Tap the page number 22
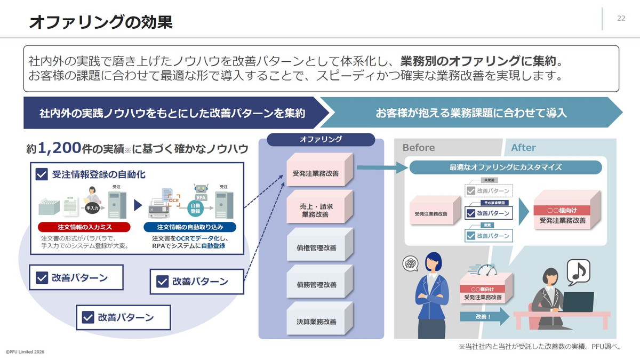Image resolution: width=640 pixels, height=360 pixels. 621,18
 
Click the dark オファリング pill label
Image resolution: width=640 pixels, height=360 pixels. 321,139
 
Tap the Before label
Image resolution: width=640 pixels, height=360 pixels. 419,148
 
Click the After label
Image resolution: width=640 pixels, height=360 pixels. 523,148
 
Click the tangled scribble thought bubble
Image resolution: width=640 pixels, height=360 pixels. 410,263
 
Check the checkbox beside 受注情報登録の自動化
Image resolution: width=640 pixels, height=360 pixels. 42,174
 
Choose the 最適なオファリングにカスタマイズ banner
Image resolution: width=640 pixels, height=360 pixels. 506,167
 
